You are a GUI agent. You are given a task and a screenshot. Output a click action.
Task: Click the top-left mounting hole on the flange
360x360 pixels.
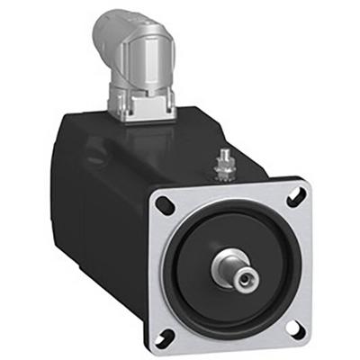pos(164,203)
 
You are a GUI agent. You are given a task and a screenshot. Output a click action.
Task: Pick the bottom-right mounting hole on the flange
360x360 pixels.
pos(297,327)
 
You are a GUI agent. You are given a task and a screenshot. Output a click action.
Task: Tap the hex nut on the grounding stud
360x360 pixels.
pos(220,168)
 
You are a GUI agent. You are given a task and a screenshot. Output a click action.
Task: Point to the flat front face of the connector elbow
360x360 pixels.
pos(144,62)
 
